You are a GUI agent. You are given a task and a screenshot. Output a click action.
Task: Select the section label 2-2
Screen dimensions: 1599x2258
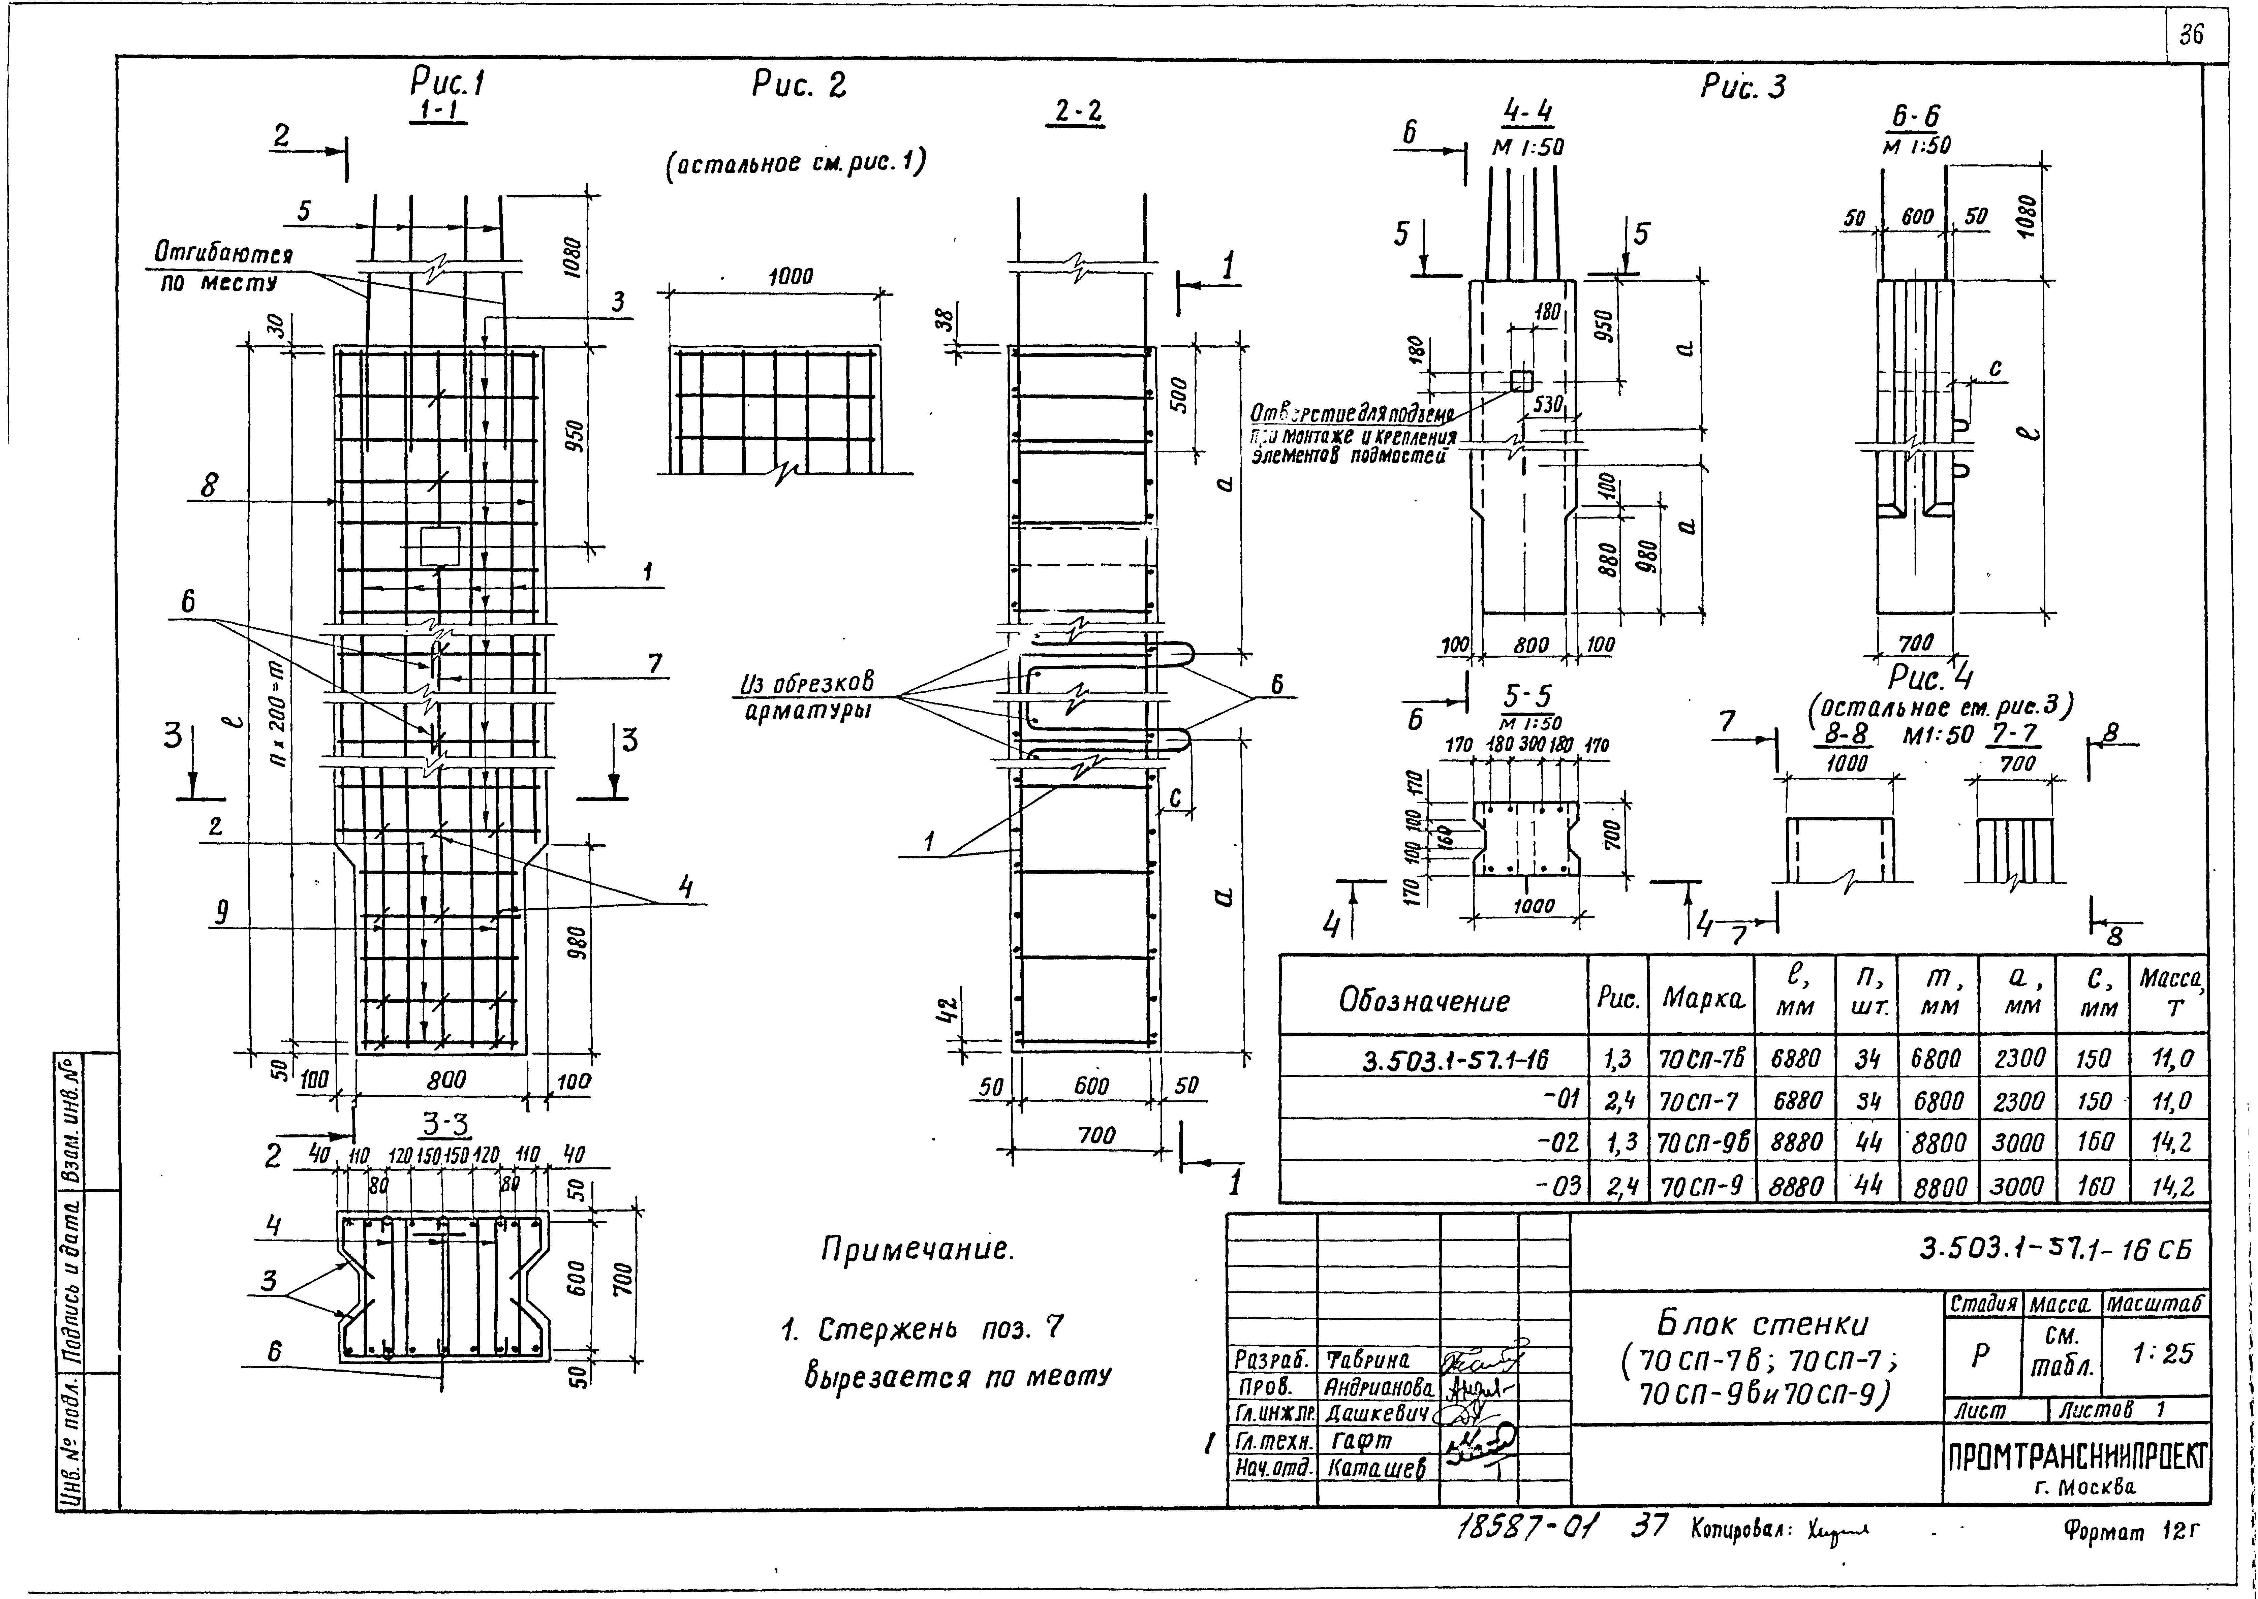pyautogui.click(x=1078, y=113)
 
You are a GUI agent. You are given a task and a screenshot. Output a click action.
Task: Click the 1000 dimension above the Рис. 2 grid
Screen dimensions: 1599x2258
pyautogui.click(x=791, y=277)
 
